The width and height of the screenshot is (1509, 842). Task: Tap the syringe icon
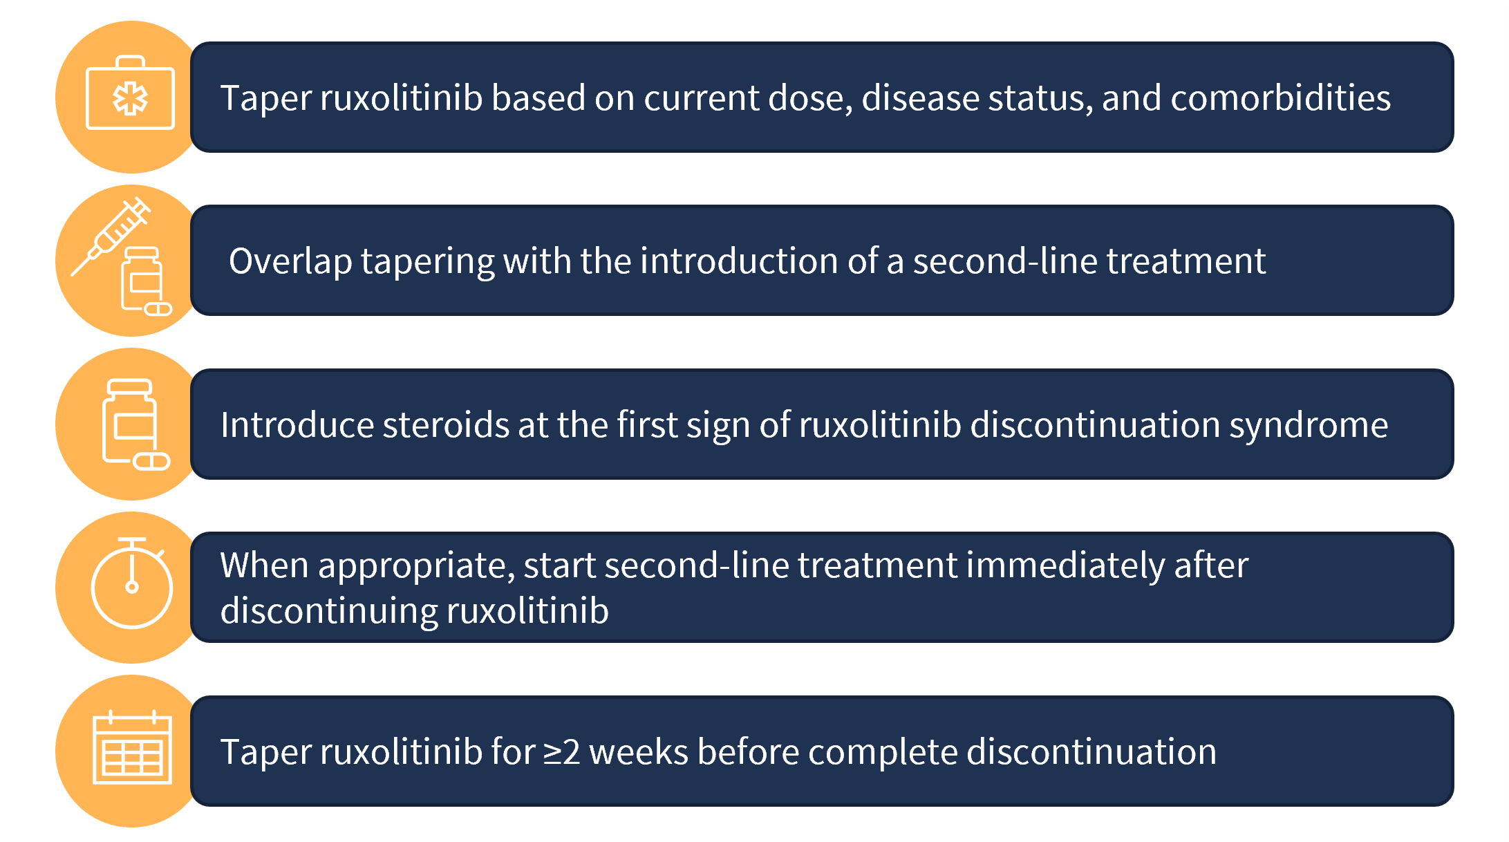tap(111, 236)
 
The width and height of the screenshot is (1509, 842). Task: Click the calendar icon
tap(132, 747)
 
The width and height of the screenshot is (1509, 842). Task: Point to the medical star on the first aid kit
tap(130, 99)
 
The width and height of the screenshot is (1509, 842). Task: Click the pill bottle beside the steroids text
tap(135, 424)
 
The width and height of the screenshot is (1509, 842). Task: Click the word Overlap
tap(290, 262)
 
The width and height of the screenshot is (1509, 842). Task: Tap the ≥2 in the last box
tap(561, 752)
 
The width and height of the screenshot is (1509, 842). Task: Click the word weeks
tap(638, 752)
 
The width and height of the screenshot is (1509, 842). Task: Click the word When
tap(264, 565)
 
